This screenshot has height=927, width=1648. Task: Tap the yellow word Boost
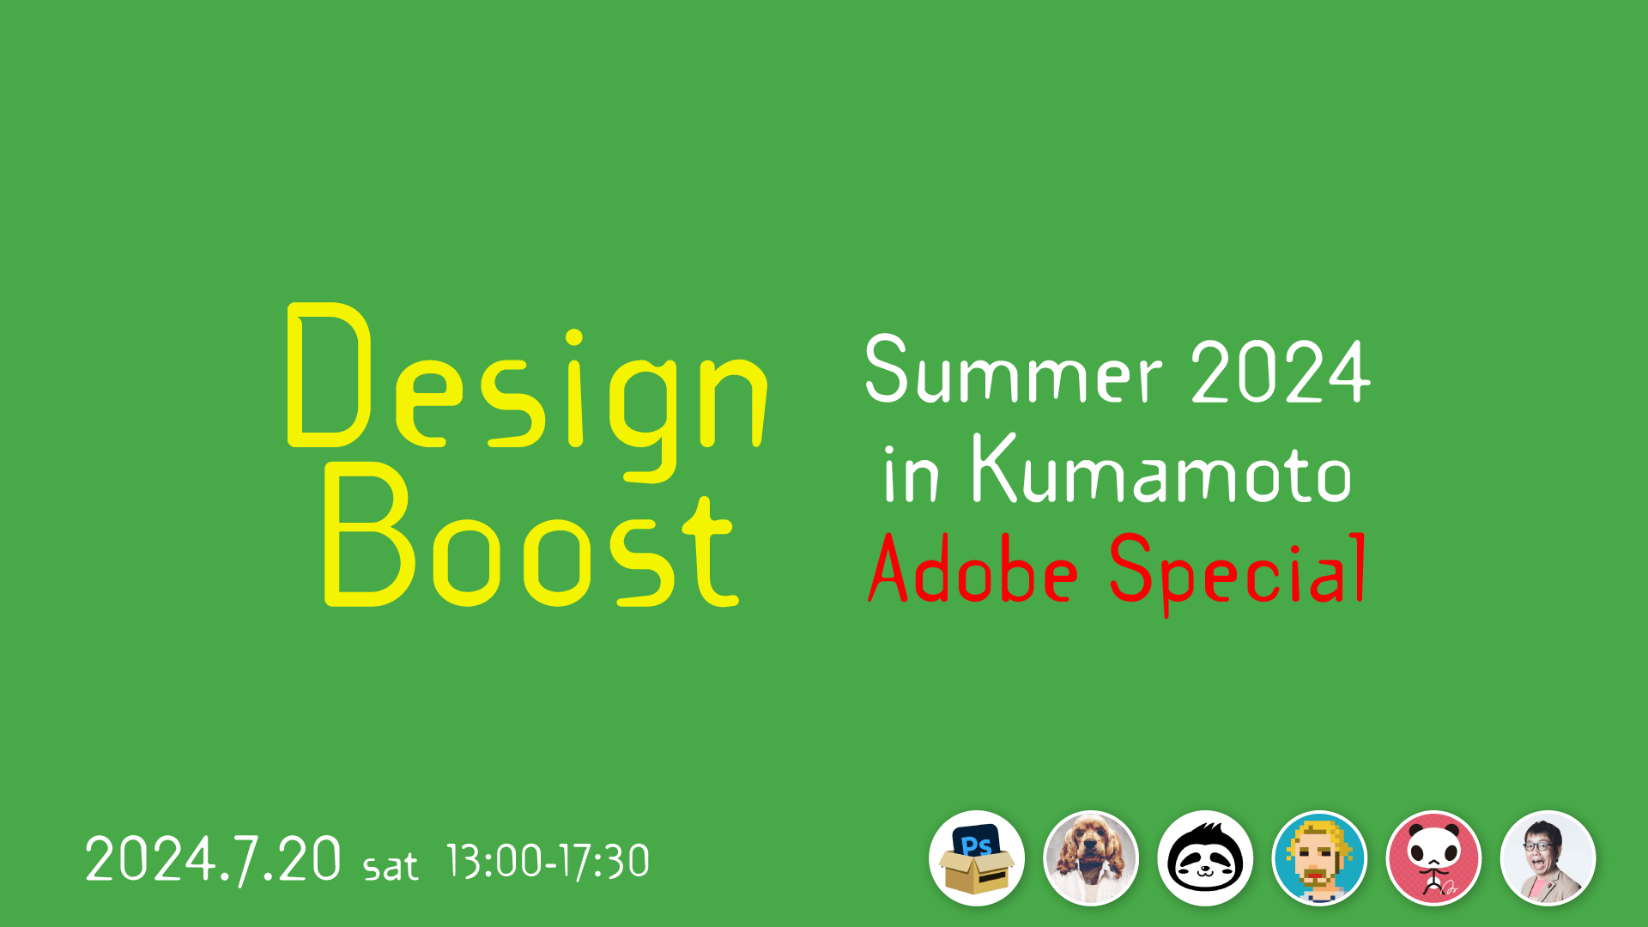click(531, 534)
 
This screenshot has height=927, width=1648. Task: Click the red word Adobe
click(972, 568)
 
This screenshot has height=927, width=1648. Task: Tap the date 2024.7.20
click(213, 859)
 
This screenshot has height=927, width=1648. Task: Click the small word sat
click(391, 866)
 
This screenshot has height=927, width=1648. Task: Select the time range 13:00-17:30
click(548, 861)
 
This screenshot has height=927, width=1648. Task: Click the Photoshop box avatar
click(977, 858)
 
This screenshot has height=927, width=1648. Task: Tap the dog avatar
click(1091, 858)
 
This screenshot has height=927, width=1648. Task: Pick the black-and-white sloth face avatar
click(1205, 858)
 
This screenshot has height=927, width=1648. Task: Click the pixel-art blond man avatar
click(1319, 858)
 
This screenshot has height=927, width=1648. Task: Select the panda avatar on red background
click(1433, 858)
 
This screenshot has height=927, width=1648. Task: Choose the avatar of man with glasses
click(1548, 858)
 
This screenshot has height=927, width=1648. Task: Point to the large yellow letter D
click(330, 375)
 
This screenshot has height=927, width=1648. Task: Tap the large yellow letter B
click(369, 534)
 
